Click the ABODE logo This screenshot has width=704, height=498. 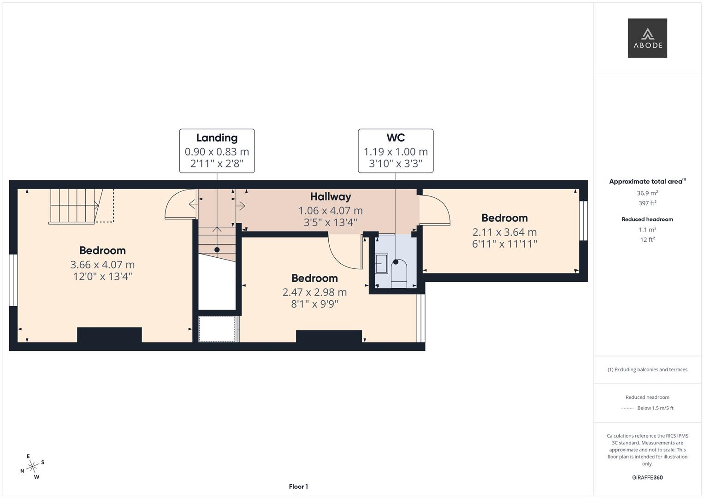[647, 38]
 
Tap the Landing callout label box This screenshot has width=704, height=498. [217, 151]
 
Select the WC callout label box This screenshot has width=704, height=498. [396, 151]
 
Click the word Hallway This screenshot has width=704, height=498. [331, 197]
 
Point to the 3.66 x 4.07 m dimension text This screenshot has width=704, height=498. [102, 265]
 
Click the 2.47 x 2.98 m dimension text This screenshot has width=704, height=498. [314, 292]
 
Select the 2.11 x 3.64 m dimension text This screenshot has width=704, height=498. [504, 232]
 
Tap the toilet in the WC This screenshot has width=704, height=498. [399, 273]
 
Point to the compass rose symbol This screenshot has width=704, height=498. [32, 467]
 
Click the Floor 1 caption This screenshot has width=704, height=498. [298, 486]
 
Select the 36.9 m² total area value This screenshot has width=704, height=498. [647, 193]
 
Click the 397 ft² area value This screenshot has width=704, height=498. [647, 203]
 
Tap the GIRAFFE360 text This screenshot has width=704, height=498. [647, 477]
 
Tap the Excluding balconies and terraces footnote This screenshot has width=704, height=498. [647, 369]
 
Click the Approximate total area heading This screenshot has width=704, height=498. [646, 182]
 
